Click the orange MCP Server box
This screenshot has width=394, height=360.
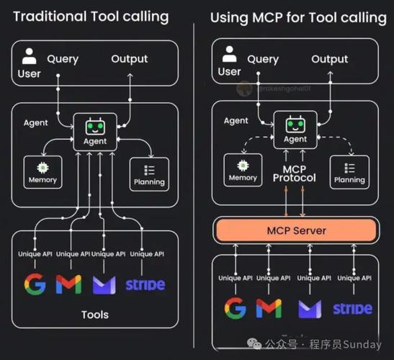coord(296,231)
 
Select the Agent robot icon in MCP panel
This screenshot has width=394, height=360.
coord(295,128)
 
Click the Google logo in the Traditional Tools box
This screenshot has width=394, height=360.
coord(35,284)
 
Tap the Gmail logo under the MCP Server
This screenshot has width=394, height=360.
coord(269,308)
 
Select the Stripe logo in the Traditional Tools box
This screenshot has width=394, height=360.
coord(145,284)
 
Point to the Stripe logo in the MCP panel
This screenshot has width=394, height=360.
coord(352,309)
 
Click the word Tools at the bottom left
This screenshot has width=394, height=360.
coord(95,315)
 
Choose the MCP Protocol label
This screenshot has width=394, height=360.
coord(295,173)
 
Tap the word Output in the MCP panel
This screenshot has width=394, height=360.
coord(329,58)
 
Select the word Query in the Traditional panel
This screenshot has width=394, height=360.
coord(63,58)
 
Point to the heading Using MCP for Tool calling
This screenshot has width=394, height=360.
coord(298,17)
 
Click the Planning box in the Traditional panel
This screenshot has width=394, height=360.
coord(150,174)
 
